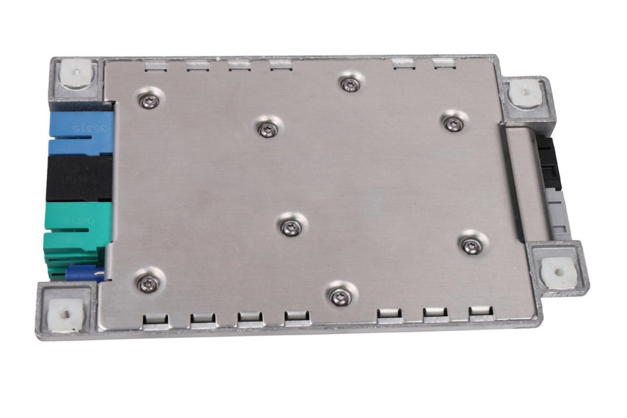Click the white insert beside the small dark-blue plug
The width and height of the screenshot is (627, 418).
click(x=66, y=314)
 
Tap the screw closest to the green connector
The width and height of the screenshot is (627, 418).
click(x=148, y=282)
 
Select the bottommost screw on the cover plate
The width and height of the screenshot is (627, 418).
click(x=338, y=297)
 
